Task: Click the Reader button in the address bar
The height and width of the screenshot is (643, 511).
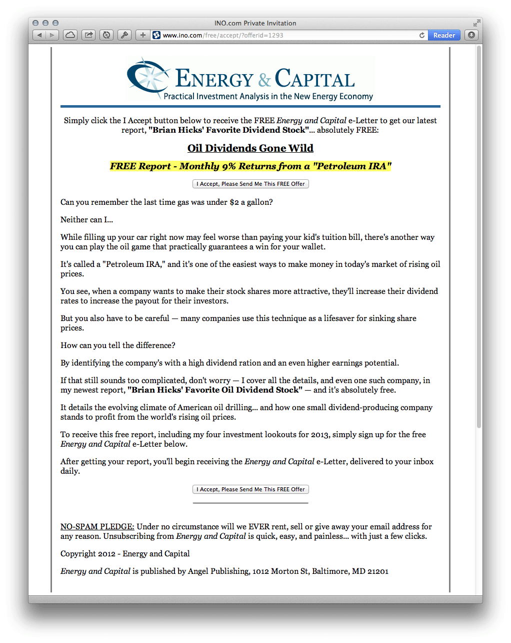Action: click(444, 35)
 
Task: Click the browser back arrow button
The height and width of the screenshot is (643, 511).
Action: click(39, 35)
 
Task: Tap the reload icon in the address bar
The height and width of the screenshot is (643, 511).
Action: click(422, 35)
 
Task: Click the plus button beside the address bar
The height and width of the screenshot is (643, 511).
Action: click(143, 35)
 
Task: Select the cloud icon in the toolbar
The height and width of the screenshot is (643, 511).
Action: click(70, 35)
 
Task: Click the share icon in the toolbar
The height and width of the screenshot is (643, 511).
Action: click(88, 35)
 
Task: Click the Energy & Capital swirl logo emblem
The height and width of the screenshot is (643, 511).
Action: click(148, 77)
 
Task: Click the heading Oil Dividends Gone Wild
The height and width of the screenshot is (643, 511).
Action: click(250, 148)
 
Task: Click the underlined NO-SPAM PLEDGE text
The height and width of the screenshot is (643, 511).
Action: click(97, 527)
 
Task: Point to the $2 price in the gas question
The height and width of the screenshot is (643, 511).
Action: click(234, 202)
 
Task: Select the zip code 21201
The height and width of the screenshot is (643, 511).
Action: click(378, 571)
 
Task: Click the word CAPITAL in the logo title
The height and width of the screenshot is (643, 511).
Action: click(315, 79)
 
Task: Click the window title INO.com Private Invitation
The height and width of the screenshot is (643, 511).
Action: click(255, 23)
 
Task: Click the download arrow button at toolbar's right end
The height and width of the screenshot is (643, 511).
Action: click(471, 35)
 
